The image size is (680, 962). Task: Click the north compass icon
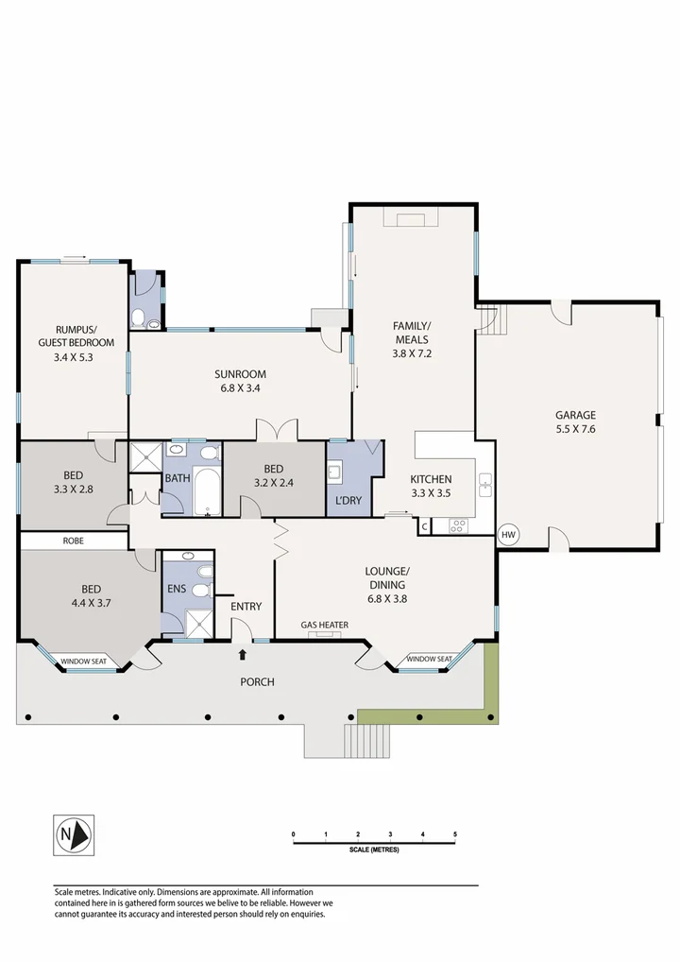(x=72, y=834)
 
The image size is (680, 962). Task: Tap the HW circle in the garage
(x=509, y=534)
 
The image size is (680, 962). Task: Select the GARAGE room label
(x=575, y=415)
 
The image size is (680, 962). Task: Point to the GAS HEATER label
(x=325, y=625)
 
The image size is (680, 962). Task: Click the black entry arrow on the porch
(x=243, y=653)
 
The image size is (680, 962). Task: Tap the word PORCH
(x=257, y=681)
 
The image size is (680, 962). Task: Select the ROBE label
(x=73, y=541)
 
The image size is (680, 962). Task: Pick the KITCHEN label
(x=430, y=479)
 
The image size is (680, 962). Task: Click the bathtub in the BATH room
(x=207, y=491)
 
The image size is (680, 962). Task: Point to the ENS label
(x=177, y=589)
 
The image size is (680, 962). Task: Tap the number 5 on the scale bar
(x=455, y=834)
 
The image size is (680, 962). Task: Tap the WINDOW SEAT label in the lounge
(x=428, y=659)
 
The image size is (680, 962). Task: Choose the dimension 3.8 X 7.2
(x=411, y=353)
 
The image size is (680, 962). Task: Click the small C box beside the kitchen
(x=425, y=525)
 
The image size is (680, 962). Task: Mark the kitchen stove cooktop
(x=459, y=524)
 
